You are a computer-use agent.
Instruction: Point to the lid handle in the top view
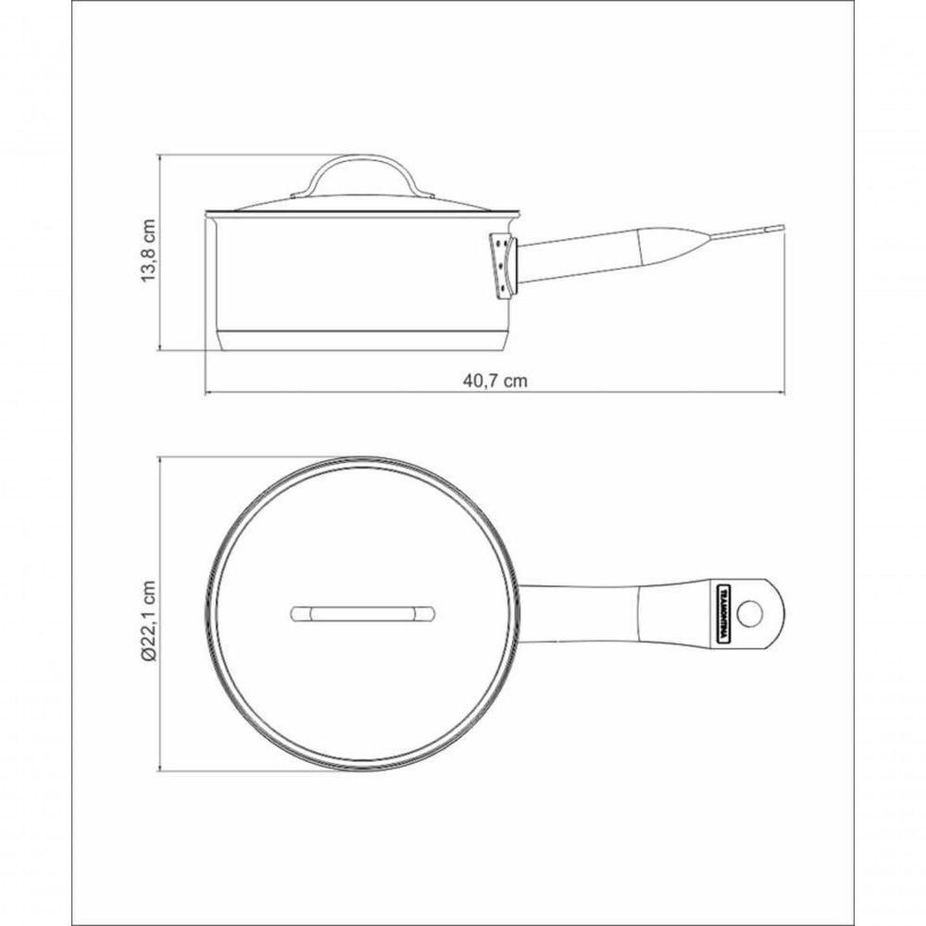click(x=363, y=613)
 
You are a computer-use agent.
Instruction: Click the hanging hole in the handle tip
click(x=756, y=612)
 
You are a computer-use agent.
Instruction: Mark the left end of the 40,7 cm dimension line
click(x=205, y=393)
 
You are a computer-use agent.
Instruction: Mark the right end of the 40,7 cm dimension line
click(x=785, y=393)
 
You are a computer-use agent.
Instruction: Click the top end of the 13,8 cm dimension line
click(x=162, y=155)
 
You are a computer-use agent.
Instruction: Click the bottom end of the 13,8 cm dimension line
click(x=162, y=350)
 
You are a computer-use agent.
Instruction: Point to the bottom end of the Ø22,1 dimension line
click(x=162, y=770)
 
